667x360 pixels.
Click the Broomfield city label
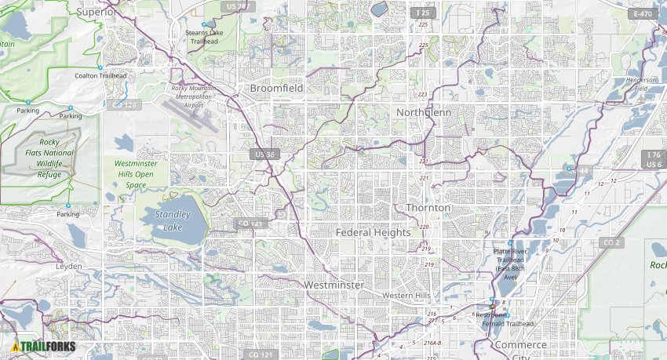point(276,89)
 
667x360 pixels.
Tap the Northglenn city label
point(424,112)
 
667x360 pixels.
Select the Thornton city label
point(428,208)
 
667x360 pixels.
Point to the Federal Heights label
point(373,233)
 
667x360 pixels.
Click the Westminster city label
point(334,285)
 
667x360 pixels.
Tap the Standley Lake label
point(173,220)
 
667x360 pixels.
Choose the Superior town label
point(96,13)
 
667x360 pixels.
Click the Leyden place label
point(68,266)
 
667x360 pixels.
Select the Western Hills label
point(406,295)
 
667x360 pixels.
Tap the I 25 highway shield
point(423,13)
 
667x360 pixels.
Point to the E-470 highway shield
point(643,13)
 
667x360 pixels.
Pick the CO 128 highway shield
point(125,104)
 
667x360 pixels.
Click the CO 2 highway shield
point(612,243)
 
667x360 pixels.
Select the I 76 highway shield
point(653,155)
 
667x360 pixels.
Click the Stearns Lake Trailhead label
point(206,36)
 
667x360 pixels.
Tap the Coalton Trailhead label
point(100,75)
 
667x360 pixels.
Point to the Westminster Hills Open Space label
point(129,174)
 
